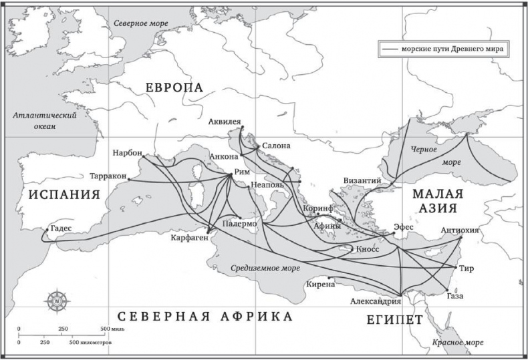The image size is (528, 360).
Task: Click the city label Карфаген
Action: (x=188, y=238)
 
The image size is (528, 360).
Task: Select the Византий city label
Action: (x=362, y=180)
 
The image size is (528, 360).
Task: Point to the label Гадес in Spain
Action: (x=58, y=226)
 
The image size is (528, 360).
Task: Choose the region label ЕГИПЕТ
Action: (x=394, y=320)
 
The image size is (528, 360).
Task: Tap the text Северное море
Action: (x=141, y=22)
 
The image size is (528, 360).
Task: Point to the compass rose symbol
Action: (x=57, y=301)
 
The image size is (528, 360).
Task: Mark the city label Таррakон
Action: (x=108, y=177)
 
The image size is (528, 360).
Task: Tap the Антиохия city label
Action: (x=460, y=231)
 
